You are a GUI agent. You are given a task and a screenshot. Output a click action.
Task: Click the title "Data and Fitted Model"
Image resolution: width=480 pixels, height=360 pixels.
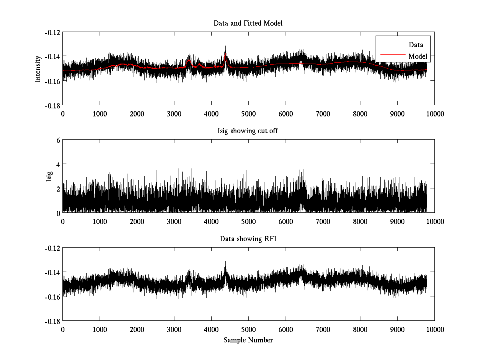[248, 24]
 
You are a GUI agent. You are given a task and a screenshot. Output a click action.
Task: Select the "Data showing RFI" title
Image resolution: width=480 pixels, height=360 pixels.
[248, 239]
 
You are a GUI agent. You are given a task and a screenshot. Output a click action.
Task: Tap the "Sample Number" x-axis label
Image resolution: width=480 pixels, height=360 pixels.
[248, 340]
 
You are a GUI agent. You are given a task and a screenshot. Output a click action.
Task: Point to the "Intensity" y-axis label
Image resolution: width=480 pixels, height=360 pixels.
[38, 68]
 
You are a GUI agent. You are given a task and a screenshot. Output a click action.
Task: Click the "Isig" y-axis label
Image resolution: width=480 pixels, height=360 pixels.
[49, 176]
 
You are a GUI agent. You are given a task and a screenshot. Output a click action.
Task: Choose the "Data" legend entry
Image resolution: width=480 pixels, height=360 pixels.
[416, 45]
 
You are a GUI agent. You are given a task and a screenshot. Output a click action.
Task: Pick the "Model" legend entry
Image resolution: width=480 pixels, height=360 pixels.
[418, 56]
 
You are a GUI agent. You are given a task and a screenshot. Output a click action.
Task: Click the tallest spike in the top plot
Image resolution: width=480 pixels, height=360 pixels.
[225, 47]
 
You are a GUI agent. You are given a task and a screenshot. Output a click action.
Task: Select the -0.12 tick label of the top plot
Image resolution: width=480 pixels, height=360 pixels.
[52, 32]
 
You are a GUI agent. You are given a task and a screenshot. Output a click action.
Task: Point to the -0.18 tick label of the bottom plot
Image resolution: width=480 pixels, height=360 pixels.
[52, 321]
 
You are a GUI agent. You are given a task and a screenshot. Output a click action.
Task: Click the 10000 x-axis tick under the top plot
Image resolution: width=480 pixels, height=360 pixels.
[435, 114]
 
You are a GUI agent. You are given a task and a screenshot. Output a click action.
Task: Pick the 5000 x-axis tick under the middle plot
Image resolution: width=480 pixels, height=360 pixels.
[248, 222]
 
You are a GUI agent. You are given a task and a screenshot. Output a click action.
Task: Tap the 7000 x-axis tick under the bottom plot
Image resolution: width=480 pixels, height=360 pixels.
[323, 329]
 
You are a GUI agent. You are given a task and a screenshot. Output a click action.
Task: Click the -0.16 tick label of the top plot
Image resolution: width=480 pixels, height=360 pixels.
[52, 81]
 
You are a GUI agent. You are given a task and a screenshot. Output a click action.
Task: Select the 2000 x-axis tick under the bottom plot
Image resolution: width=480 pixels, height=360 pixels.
[137, 329]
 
